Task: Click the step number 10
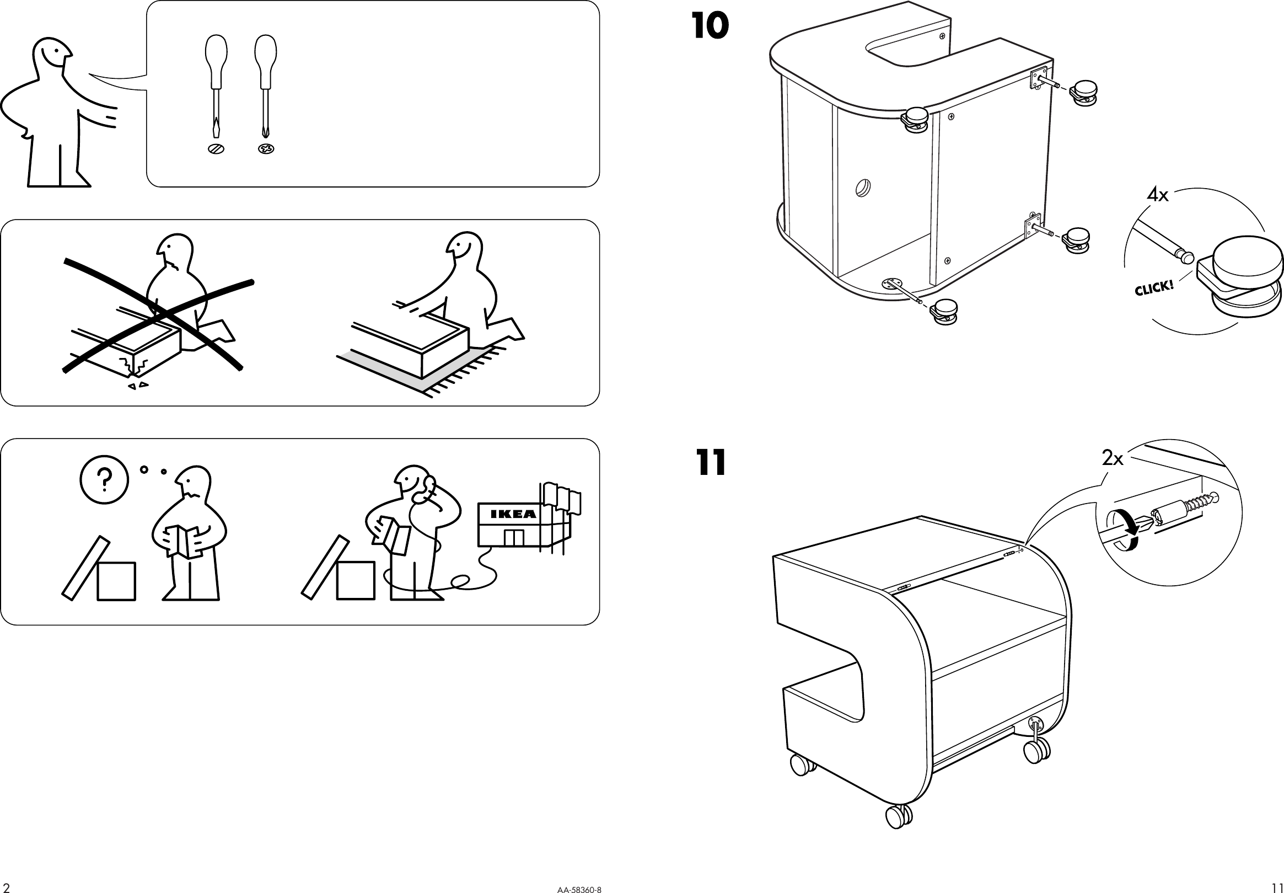(710, 26)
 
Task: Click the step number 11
(711, 463)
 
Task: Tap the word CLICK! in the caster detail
(1154, 288)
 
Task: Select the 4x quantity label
(1158, 195)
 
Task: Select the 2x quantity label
(1113, 459)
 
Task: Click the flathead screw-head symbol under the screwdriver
(216, 149)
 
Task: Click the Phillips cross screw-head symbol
(266, 149)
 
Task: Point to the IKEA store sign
(513, 514)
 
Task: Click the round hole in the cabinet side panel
(863, 187)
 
